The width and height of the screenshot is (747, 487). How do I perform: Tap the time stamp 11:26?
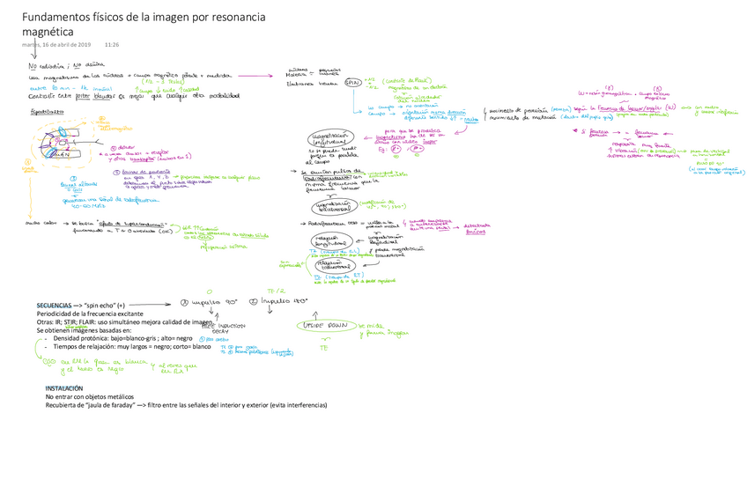[112, 44]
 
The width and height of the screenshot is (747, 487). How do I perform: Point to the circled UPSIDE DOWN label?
[327, 326]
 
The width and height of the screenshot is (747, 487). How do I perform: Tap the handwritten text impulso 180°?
[277, 301]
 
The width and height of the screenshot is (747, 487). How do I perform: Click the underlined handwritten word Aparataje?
[46, 113]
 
